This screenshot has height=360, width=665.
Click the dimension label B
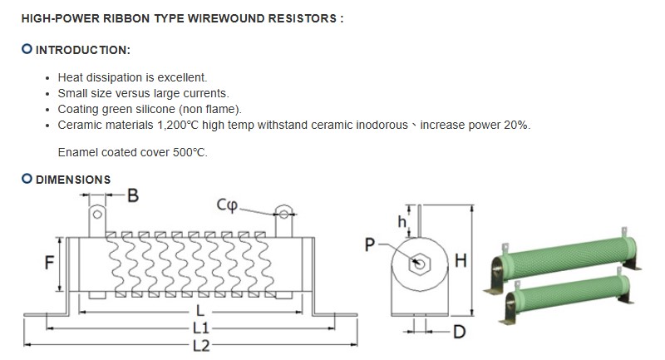click(x=132, y=197)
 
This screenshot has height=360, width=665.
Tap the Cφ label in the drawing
click(x=228, y=204)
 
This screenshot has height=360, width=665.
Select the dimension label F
click(x=49, y=263)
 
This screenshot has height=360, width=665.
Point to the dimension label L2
click(x=200, y=345)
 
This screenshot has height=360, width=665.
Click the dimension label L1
click(x=200, y=328)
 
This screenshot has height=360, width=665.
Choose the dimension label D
click(x=458, y=333)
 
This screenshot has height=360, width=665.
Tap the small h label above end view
click(x=401, y=221)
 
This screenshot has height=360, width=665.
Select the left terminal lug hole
click(x=97, y=216)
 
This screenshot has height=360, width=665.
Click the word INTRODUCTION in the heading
click(x=82, y=51)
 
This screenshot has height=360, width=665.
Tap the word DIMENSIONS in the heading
click(x=73, y=180)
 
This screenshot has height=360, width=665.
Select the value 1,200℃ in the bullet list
click(x=181, y=125)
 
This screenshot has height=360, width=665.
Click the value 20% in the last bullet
click(x=515, y=125)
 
